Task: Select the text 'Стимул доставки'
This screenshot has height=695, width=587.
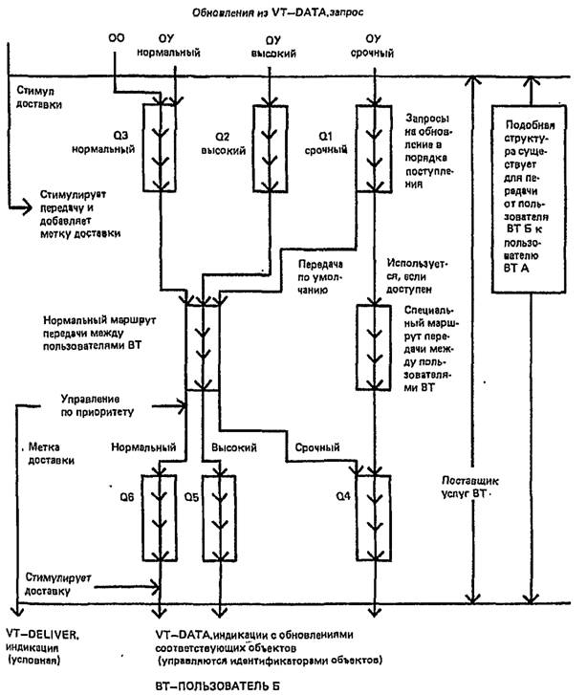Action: (x=39, y=97)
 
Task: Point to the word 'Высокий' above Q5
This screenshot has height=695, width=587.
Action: (x=229, y=447)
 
